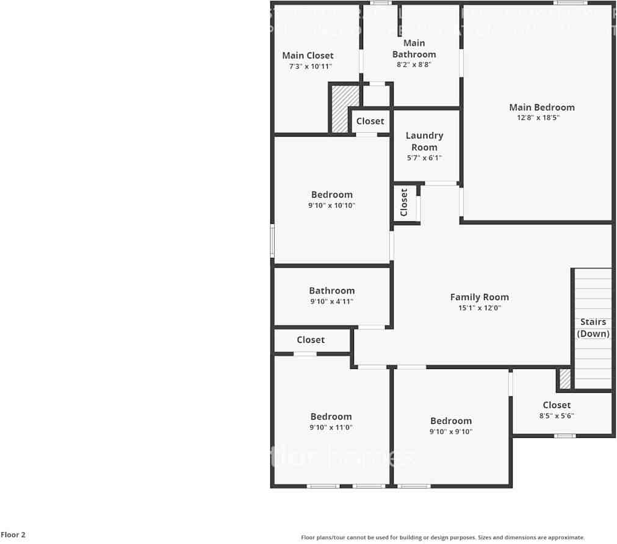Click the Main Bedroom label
click(x=541, y=107)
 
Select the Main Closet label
click(x=308, y=55)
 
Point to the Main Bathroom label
click(x=414, y=48)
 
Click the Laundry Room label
click(x=424, y=141)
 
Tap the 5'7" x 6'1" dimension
click(x=424, y=158)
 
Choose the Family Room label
click(x=479, y=297)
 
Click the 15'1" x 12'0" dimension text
click(x=479, y=308)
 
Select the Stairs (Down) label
click(x=593, y=327)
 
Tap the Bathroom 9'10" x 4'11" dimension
click(x=331, y=301)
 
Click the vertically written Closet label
click(x=404, y=202)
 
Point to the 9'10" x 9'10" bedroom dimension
click(x=451, y=431)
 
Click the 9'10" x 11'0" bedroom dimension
click(x=331, y=428)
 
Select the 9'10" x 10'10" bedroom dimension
click(x=331, y=206)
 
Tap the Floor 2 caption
click(x=13, y=535)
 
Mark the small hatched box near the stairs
click(x=565, y=379)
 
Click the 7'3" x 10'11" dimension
click(x=311, y=66)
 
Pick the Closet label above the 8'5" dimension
click(x=557, y=405)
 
